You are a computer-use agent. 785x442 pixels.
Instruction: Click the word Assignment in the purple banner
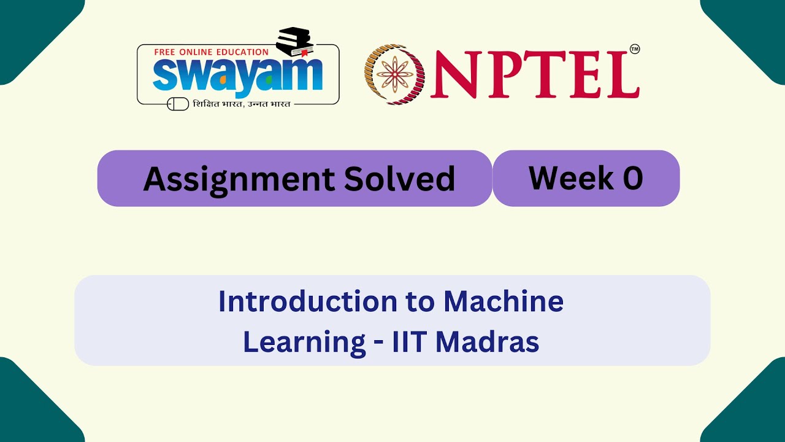click(x=239, y=179)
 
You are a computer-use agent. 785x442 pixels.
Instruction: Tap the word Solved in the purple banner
click(x=399, y=179)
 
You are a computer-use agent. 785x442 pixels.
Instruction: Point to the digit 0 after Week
click(x=633, y=178)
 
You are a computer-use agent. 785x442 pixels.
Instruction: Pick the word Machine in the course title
click(x=504, y=301)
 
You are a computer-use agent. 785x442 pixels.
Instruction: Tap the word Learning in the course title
click(x=304, y=342)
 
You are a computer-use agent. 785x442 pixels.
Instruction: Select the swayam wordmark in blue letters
click(x=237, y=75)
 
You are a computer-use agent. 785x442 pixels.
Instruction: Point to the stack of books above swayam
click(x=295, y=42)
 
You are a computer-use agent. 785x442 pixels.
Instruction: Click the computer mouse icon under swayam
click(x=178, y=104)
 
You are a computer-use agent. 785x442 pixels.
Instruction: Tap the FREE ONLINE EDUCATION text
click(x=211, y=52)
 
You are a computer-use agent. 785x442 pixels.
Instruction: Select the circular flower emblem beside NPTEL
click(x=394, y=74)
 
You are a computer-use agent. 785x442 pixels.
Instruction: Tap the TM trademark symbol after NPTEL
click(x=634, y=49)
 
